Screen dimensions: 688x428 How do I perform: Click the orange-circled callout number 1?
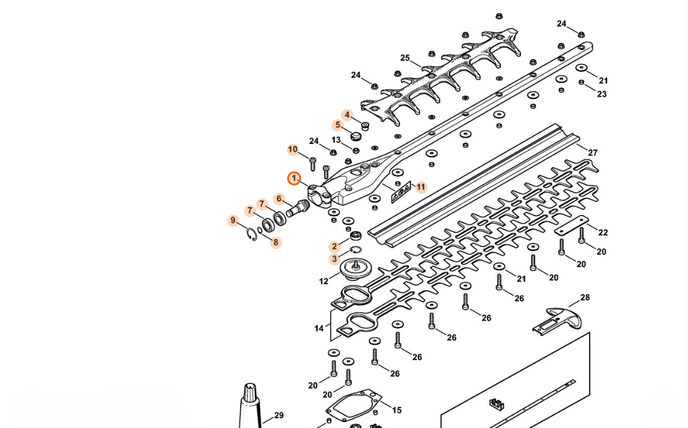pos(294,178)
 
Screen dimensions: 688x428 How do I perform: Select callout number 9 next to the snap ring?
pos(233,221)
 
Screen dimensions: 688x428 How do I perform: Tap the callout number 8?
pos(276,242)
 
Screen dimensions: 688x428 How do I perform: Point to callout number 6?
pos(279,199)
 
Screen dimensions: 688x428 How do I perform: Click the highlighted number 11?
pos(421,187)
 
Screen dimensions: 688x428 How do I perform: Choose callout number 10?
pos(293,149)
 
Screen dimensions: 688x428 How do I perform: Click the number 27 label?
pos(593,153)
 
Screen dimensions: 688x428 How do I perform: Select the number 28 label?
pos(585,297)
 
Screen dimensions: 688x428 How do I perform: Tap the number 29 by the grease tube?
pos(279,415)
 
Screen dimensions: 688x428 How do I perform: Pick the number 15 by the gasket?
pos(397,411)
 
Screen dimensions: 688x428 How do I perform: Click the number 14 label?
pos(319,328)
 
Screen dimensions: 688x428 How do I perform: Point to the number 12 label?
pos(323,282)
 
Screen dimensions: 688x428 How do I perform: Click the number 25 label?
pos(405,58)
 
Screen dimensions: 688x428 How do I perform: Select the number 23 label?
pos(602,94)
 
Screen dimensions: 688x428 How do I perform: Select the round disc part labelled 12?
pos(355,268)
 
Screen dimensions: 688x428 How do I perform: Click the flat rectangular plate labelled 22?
pos(571,226)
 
